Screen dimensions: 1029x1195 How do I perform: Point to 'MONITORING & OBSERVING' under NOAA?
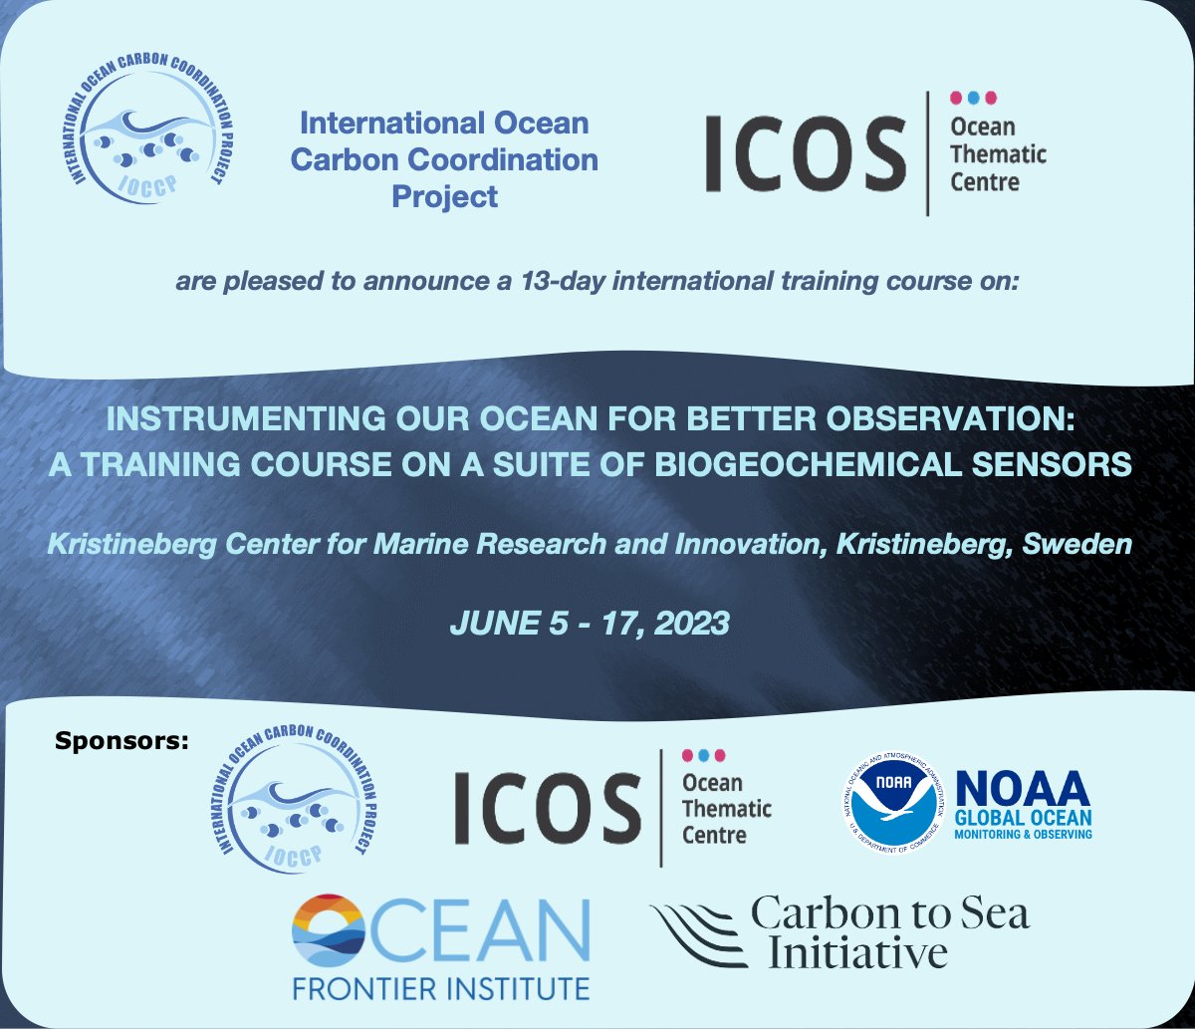tap(1024, 833)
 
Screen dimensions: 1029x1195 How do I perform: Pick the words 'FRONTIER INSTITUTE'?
tap(440, 988)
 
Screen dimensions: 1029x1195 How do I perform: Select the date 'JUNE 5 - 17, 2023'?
tap(591, 624)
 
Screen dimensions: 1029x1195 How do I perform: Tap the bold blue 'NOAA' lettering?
tap(1023, 790)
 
